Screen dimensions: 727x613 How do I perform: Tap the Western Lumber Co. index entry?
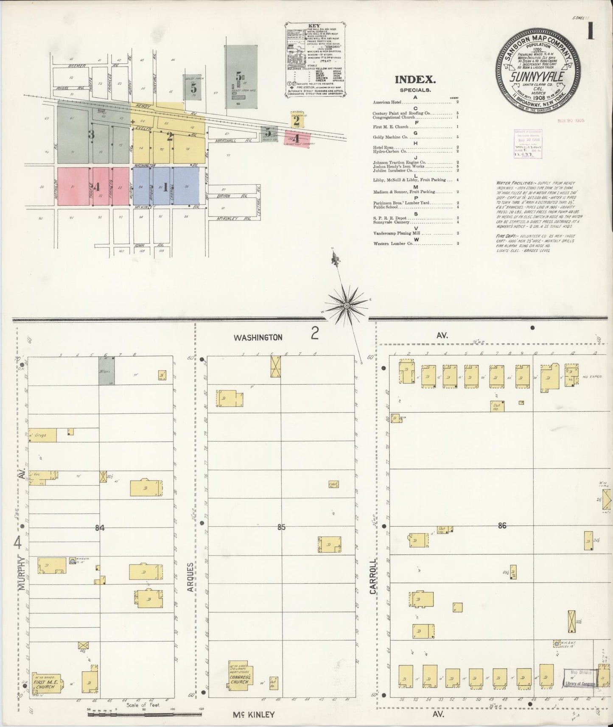[x=389, y=243]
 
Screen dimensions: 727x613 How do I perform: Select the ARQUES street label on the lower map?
[x=190, y=577]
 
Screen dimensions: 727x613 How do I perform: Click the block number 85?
[x=281, y=527]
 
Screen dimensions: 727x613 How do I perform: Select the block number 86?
[x=502, y=526]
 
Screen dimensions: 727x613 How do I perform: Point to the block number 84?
[x=100, y=528]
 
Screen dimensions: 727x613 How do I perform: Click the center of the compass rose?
[x=347, y=305]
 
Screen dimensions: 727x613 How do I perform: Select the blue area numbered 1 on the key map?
[x=166, y=186]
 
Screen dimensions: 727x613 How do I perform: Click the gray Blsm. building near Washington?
[x=106, y=370]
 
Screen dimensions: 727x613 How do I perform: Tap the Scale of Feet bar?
[x=144, y=714]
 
